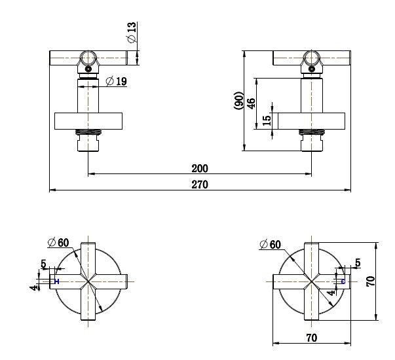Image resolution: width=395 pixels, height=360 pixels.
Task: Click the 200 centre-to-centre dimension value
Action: [x=200, y=168]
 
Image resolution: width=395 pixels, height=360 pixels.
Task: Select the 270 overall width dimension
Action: [x=200, y=185]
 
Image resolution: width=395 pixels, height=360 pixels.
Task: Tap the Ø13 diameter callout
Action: [x=132, y=33]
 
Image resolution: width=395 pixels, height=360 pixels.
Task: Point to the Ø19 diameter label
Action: [x=116, y=82]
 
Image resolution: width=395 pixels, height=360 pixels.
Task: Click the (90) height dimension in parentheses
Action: [x=240, y=100]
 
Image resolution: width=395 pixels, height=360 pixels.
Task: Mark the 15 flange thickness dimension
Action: [x=266, y=121]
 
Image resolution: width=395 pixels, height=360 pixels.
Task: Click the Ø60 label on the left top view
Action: [x=58, y=242]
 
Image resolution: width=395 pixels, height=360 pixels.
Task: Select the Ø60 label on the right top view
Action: [x=270, y=244]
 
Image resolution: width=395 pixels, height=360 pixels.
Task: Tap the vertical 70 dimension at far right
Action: [x=371, y=281]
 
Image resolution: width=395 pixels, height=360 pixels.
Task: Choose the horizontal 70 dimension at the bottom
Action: [x=311, y=338]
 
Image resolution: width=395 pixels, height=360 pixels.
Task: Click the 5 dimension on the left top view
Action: [x=44, y=264]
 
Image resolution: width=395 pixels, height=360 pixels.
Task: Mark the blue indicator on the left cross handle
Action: [x=57, y=281]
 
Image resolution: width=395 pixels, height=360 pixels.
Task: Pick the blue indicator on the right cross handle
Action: [x=343, y=281]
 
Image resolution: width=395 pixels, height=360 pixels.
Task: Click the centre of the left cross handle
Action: [x=88, y=281]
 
